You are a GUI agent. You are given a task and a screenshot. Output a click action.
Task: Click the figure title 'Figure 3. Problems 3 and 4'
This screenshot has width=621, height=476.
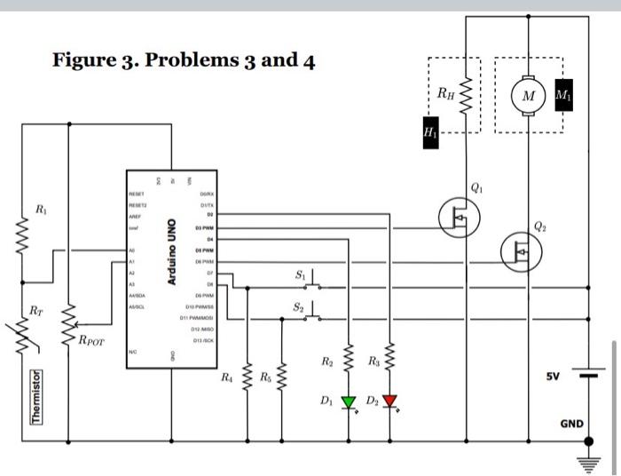(183, 60)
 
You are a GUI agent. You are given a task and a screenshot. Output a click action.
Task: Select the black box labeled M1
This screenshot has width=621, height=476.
(562, 96)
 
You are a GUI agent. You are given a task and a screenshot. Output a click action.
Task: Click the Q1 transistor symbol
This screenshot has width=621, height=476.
(459, 214)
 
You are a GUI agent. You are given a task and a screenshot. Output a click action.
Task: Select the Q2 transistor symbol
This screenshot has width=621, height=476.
(520, 251)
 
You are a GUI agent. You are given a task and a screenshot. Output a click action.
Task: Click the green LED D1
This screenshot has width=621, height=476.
(349, 402)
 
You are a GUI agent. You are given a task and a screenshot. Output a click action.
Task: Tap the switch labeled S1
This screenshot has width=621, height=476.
(306, 282)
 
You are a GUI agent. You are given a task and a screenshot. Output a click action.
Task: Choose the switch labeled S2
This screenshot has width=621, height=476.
(306, 313)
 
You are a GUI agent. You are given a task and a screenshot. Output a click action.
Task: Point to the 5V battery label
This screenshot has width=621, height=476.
(553, 377)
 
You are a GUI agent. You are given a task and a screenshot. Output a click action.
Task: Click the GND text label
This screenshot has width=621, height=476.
(571, 424)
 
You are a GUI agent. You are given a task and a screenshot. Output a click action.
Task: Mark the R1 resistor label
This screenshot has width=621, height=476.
(41, 210)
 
